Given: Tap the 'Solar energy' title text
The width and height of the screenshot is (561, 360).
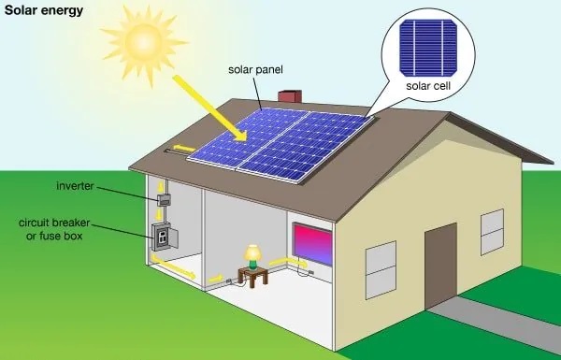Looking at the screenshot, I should pyautogui.click(x=42, y=10).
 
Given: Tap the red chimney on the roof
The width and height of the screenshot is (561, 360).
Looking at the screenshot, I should pyautogui.click(x=291, y=97).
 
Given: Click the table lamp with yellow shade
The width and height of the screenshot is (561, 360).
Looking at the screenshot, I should pyautogui.click(x=252, y=254).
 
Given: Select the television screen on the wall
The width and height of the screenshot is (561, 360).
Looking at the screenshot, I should pyautogui.click(x=313, y=243).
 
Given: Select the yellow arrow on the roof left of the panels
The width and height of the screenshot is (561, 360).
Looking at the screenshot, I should pyautogui.click(x=183, y=149).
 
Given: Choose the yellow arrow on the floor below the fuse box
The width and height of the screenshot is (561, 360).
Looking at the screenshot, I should pyautogui.click(x=178, y=271).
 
